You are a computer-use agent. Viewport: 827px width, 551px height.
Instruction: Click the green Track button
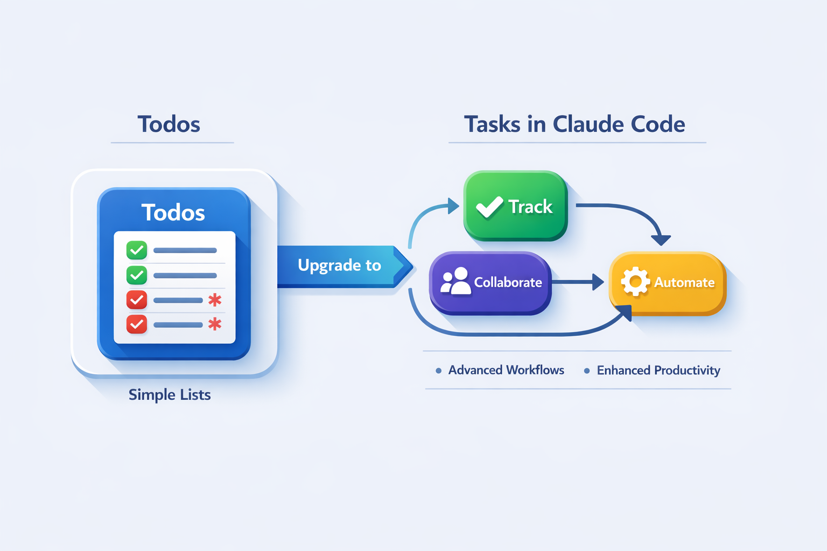(515, 206)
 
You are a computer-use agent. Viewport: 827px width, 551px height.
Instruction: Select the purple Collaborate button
(490, 282)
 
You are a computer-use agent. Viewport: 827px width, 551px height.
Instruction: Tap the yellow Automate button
(668, 282)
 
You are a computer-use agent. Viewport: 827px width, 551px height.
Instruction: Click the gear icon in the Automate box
(635, 281)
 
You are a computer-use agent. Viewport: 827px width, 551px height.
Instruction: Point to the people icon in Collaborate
(455, 281)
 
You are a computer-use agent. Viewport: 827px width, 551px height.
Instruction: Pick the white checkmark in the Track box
(489, 207)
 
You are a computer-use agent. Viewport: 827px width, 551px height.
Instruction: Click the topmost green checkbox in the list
(137, 250)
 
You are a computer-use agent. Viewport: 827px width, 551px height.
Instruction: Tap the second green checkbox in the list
(137, 275)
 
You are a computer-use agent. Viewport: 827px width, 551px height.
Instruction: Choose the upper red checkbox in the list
(137, 300)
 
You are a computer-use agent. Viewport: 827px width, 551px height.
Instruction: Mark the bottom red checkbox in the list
(137, 324)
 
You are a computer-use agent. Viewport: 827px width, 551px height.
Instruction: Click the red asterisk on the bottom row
(215, 324)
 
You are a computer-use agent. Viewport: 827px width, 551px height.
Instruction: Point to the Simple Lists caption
(170, 395)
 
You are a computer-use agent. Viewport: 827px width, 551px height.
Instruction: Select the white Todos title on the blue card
(173, 213)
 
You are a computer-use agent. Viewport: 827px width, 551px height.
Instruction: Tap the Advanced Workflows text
(506, 370)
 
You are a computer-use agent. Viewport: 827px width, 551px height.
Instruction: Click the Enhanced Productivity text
(658, 370)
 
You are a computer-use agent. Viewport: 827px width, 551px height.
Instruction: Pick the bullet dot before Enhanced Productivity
(587, 371)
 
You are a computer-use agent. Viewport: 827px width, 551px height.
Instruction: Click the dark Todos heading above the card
(169, 124)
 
